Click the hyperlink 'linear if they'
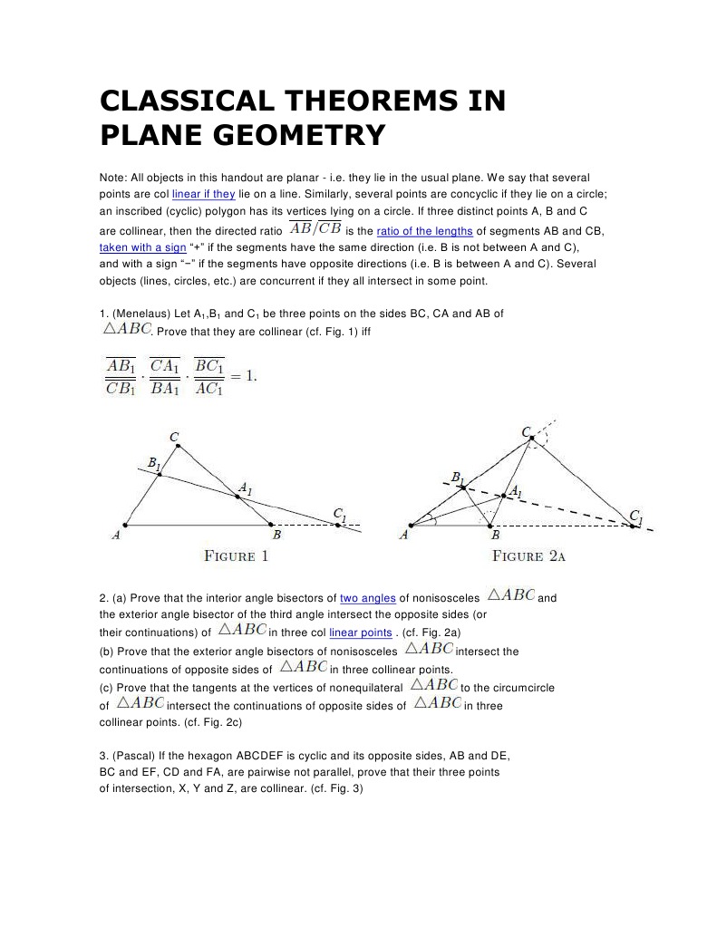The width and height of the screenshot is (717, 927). tap(204, 194)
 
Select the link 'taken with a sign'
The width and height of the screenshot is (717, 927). tap(142, 246)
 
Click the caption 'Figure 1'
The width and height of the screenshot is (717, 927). tap(237, 555)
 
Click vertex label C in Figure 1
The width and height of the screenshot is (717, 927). tap(175, 439)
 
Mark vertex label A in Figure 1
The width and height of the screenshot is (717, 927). tap(116, 536)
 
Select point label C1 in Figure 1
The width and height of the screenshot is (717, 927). tap(338, 515)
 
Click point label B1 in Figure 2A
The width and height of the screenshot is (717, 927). tap(458, 478)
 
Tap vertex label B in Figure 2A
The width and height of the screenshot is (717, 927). tap(495, 536)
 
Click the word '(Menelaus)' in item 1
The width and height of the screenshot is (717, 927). tap(138, 314)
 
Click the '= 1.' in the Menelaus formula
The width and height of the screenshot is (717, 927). tap(242, 376)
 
